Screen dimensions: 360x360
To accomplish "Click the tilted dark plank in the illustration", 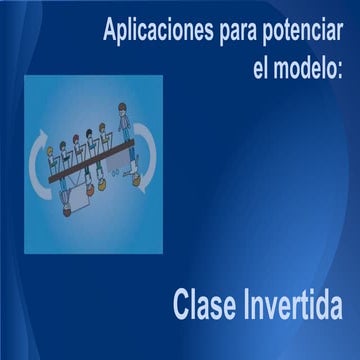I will pos(90,162).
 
